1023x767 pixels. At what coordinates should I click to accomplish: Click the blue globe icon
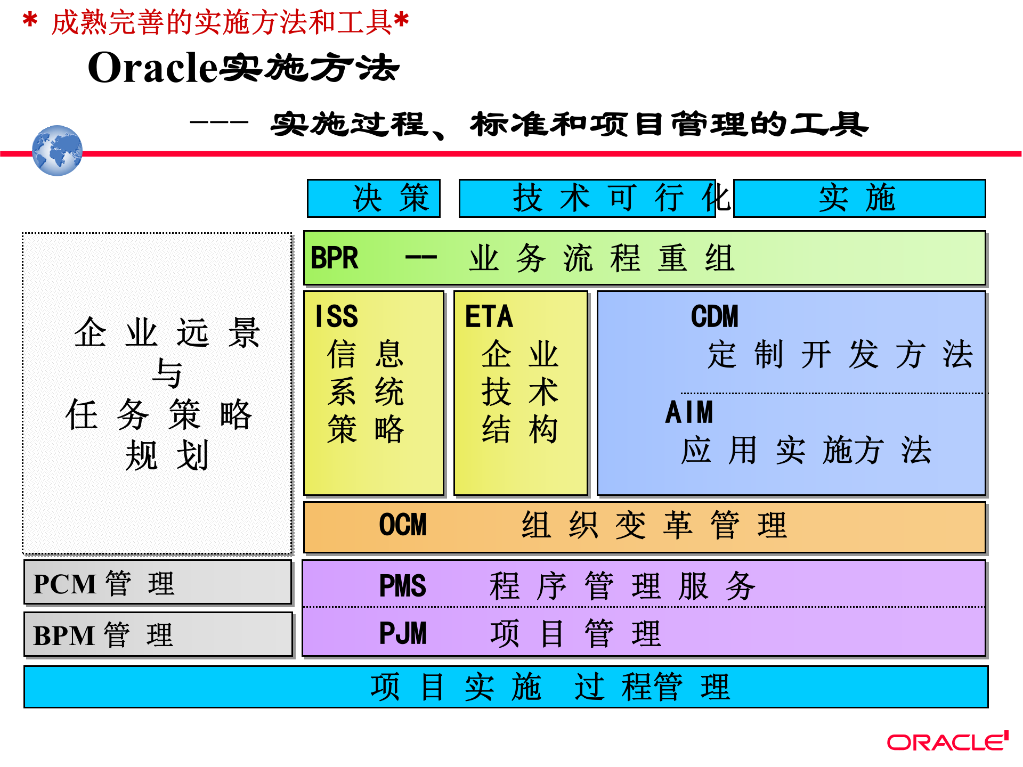(57, 151)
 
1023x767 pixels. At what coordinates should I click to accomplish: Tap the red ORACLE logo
(947, 742)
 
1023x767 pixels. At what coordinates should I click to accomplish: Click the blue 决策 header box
(374, 198)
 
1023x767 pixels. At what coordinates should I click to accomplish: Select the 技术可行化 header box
(587, 198)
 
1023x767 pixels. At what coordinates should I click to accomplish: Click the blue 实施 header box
(859, 198)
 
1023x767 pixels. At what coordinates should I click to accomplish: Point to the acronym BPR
(334, 258)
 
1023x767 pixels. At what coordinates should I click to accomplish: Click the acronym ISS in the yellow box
(336, 316)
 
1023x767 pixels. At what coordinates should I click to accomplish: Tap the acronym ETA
(489, 316)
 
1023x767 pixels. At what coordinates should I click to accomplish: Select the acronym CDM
(715, 316)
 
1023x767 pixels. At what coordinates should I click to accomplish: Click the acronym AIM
(689, 412)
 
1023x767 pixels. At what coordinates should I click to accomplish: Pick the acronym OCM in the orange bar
(403, 525)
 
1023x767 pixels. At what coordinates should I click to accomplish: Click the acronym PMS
(403, 586)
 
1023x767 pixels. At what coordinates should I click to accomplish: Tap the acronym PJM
(403, 633)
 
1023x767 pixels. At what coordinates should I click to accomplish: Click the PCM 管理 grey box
(158, 583)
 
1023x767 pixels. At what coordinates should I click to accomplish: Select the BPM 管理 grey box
(158, 634)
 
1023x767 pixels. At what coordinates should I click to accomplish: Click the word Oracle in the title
(153, 68)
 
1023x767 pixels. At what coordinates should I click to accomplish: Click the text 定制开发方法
(840, 355)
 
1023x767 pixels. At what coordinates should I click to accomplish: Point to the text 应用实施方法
(806, 451)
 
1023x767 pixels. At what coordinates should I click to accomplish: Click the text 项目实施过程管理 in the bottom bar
(550, 687)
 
